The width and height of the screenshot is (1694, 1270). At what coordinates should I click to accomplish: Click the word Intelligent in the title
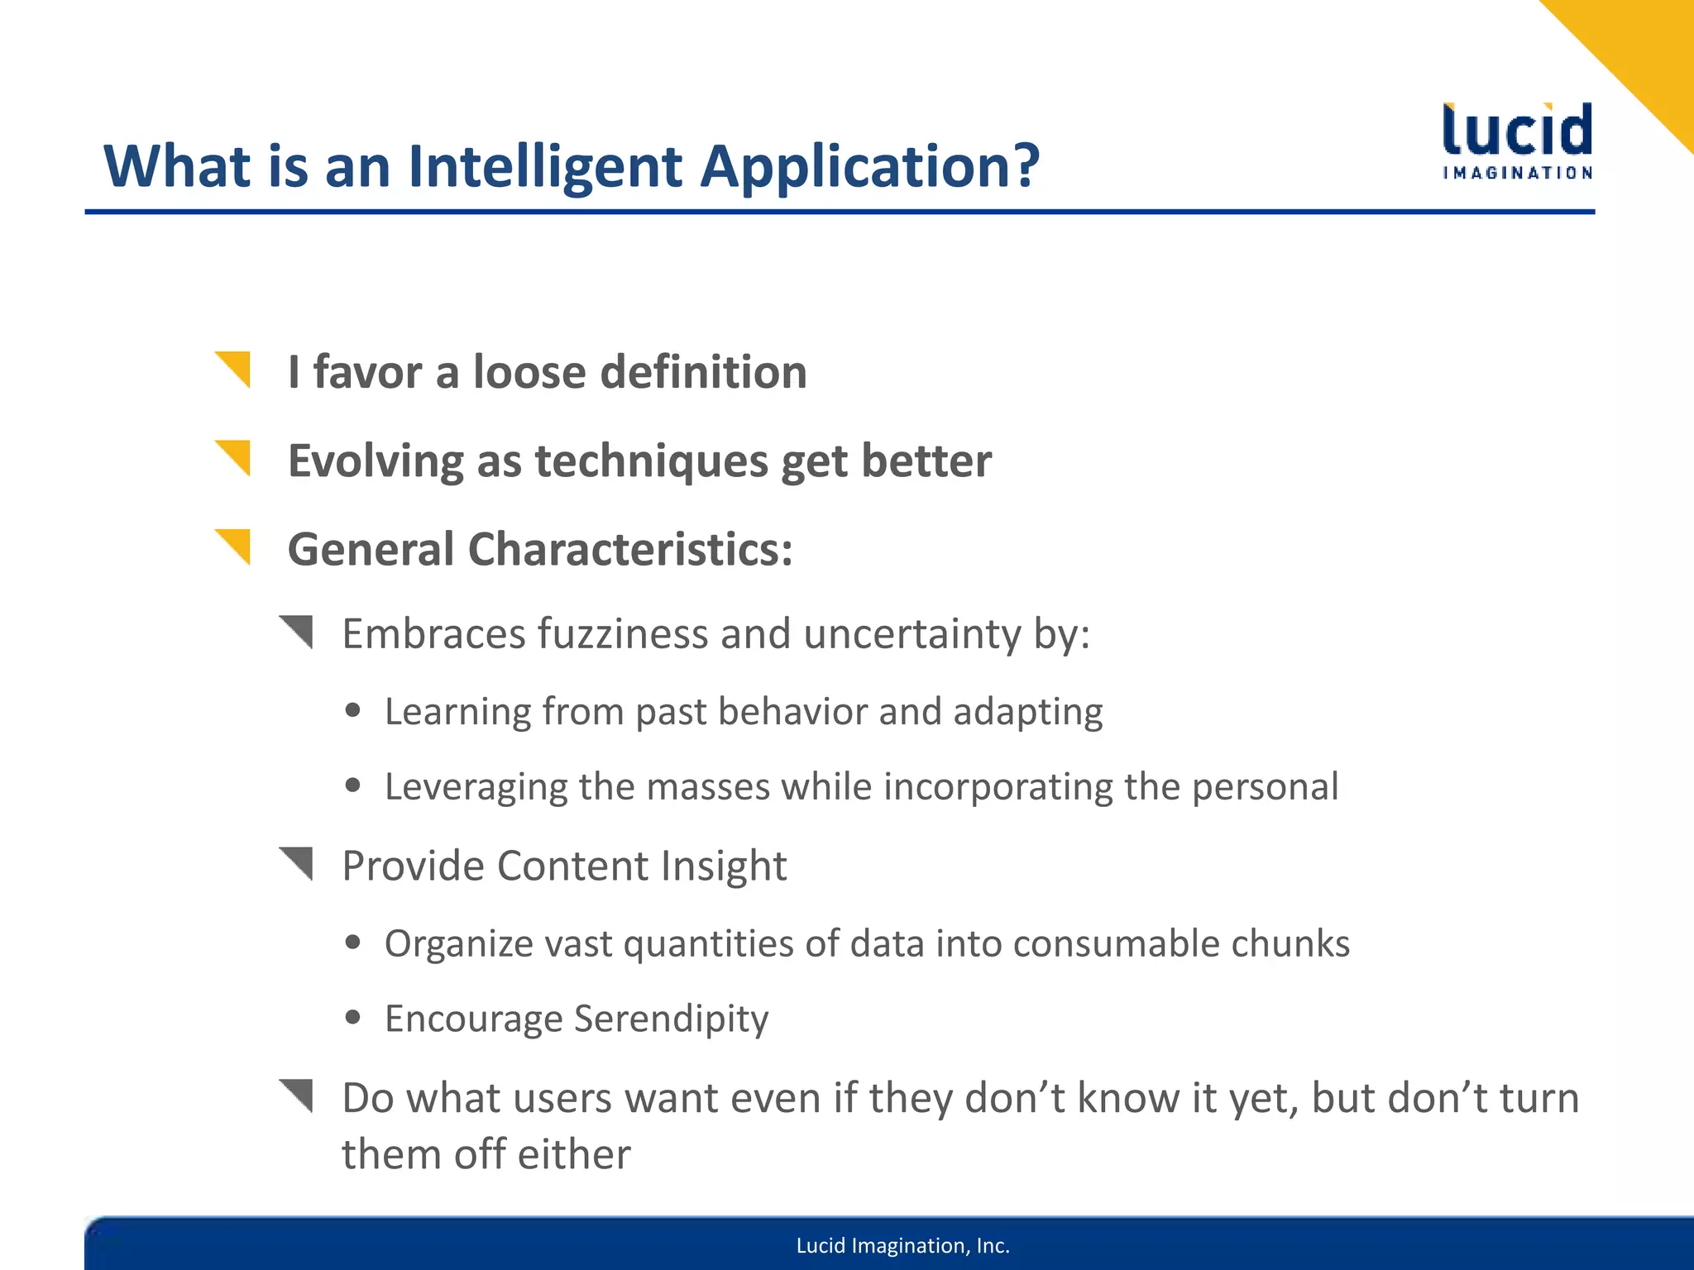(545, 167)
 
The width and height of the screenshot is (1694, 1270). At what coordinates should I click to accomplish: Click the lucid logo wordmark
(1517, 131)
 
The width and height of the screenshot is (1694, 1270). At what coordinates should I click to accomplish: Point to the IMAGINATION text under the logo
(1517, 173)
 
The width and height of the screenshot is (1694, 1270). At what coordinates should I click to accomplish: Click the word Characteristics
(630, 550)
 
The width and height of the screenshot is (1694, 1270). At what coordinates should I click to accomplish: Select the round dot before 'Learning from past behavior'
(353, 710)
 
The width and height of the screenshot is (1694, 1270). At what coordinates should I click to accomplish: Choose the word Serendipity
(671, 1019)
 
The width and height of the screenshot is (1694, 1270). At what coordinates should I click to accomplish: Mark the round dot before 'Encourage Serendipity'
(353, 1017)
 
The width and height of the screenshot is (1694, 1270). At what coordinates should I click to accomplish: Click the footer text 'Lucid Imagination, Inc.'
(902, 1246)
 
